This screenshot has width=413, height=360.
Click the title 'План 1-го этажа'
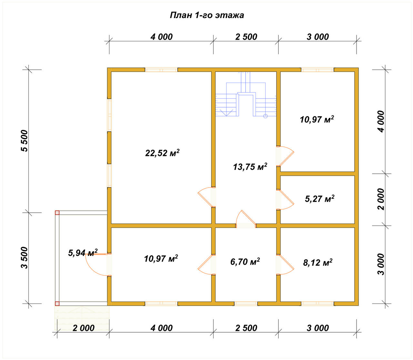207,15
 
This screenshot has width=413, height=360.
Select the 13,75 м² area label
250,167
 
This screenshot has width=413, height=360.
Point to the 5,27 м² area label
319,199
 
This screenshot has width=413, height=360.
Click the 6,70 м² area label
245,262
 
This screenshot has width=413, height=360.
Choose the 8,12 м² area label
318,262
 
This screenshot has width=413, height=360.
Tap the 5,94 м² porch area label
83,253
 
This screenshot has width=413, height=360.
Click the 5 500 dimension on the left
25,141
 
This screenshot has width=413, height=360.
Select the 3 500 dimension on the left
25,258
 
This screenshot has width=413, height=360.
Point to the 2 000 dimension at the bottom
83,328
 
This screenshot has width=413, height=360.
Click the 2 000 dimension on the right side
381,199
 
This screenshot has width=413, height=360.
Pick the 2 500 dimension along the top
246,37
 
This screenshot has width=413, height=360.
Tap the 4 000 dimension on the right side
381,122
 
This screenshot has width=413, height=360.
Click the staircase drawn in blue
246,94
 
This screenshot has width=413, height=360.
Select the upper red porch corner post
57,213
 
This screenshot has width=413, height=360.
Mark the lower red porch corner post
57,304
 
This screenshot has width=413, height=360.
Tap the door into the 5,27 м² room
285,199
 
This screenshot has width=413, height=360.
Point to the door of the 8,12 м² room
285,265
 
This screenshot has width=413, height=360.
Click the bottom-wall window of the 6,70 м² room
246,303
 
